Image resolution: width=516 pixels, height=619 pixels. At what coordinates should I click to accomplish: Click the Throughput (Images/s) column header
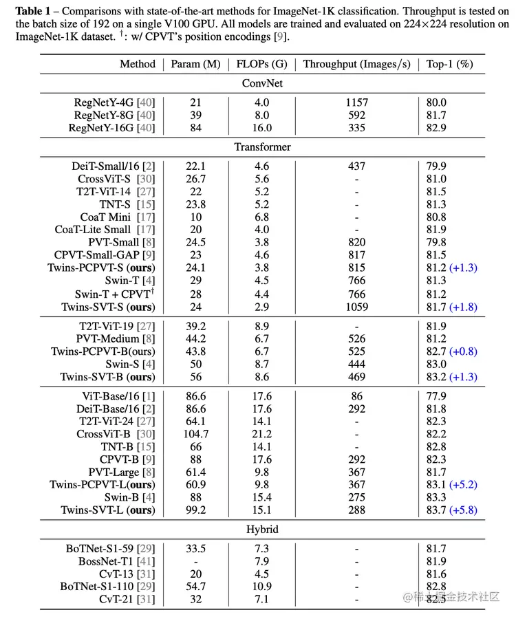[356, 64]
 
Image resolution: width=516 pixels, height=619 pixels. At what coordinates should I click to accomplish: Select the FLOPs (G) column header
[261, 64]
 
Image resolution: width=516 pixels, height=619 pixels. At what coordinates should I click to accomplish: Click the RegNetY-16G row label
[111, 128]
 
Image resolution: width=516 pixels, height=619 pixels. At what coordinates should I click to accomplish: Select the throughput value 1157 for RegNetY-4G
[356, 102]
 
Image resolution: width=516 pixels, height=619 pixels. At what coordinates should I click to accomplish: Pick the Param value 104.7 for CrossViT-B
[195, 435]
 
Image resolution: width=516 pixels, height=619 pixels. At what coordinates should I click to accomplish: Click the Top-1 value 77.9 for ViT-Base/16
[436, 396]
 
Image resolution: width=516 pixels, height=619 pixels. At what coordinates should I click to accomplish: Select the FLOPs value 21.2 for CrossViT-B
[261, 435]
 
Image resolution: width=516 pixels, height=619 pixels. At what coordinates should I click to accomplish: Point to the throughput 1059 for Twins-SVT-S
[356, 307]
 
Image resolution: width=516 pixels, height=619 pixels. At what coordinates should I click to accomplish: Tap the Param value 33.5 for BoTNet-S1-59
[195, 549]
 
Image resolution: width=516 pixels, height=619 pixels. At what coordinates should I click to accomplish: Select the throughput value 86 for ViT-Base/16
[356, 396]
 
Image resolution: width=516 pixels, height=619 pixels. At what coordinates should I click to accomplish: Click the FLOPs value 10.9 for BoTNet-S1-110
[261, 587]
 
